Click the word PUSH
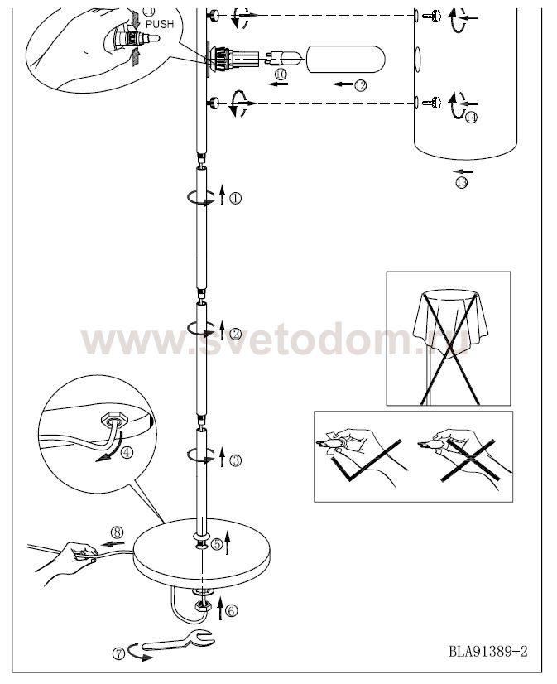pyautogui.click(x=160, y=25)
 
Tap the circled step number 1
pyautogui.click(x=235, y=199)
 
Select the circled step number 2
pyautogui.click(x=235, y=334)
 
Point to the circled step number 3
pyautogui.click(x=235, y=460)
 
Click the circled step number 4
pyautogui.click(x=127, y=452)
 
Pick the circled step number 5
pyautogui.click(x=217, y=544)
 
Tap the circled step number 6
pyautogui.click(x=232, y=611)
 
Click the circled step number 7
pyautogui.click(x=118, y=653)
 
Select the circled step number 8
pyautogui.click(x=117, y=532)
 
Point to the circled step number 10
pyautogui.click(x=281, y=75)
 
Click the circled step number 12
pyautogui.click(x=361, y=85)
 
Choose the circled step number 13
pyautogui.click(x=461, y=182)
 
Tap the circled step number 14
pyautogui.click(x=471, y=118)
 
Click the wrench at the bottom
pyautogui.click(x=178, y=641)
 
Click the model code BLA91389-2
pyautogui.click(x=488, y=652)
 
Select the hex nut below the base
pyautogui.click(x=203, y=605)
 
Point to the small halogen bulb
pyautogui.click(x=282, y=59)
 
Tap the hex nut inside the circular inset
pyautogui.click(x=114, y=420)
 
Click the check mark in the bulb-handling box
pyautogui.click(x=365, y=460)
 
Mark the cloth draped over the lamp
pyautogui.click(x=449, y=319)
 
